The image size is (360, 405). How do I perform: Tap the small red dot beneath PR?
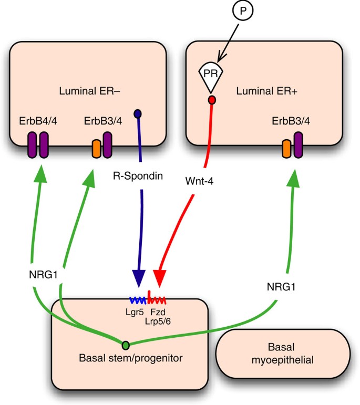click(212, 100)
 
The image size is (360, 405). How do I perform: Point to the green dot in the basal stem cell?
click(126, 345)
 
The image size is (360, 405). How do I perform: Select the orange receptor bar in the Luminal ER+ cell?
click(286, 149)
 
